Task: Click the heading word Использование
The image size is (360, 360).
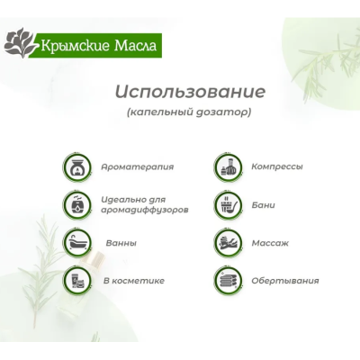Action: pos(189,92)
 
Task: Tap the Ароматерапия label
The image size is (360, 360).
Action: pos(138,166)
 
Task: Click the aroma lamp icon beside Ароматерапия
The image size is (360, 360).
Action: pos(78,166)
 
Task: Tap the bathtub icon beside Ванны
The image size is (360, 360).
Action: pos(78,242)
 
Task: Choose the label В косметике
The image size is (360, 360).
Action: pos(134,281)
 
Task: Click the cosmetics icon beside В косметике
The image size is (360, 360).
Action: pos(78,281)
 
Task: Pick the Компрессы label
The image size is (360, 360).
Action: pos(277,166)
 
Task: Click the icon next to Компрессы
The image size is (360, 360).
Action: pos(227,166)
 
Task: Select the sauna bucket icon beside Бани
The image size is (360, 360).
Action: pos(227,204)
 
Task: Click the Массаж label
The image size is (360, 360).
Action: pos(270,242)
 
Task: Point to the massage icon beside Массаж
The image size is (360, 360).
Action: pos(227,242)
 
